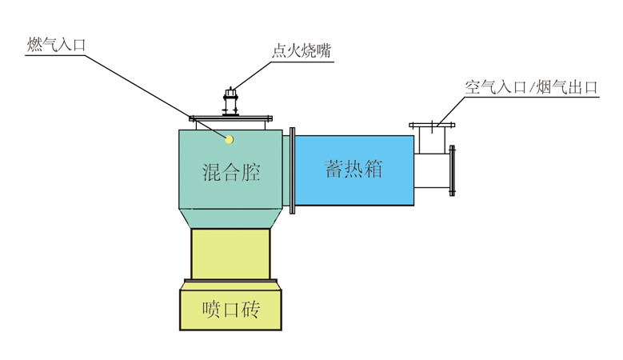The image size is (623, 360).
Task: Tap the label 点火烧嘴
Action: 302,52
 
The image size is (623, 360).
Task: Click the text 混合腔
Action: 231,171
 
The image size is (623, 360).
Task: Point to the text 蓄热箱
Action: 353,170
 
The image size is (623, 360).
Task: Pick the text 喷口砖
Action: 231,308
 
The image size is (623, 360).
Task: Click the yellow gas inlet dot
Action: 230,139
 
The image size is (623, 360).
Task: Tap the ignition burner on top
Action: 230,103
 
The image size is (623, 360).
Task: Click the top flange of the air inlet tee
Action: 433,126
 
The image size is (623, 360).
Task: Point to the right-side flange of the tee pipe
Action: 453,170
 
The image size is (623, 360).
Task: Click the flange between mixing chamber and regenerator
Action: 294,170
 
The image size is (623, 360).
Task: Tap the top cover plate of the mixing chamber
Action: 230,121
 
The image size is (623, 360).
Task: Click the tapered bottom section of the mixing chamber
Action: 231,218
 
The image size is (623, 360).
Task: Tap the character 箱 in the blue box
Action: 373,170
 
